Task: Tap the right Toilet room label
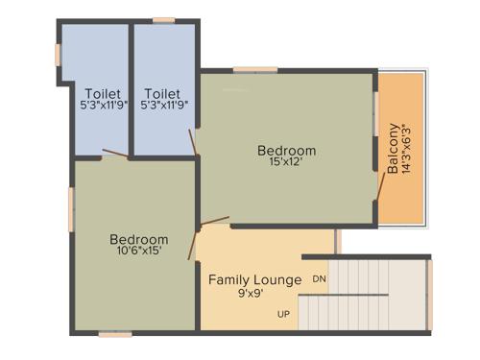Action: point(163,93)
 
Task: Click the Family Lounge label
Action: point(255,280)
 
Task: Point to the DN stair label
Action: point(320,279)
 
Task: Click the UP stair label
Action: point(284,315)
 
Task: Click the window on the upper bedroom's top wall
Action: point(255,69)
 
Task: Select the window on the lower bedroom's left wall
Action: point(71,207)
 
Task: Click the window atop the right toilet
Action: point(164,19)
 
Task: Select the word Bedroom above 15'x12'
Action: point(286,151)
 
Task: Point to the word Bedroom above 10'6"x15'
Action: point(138,239)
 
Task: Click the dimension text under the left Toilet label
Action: point(103,106)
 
